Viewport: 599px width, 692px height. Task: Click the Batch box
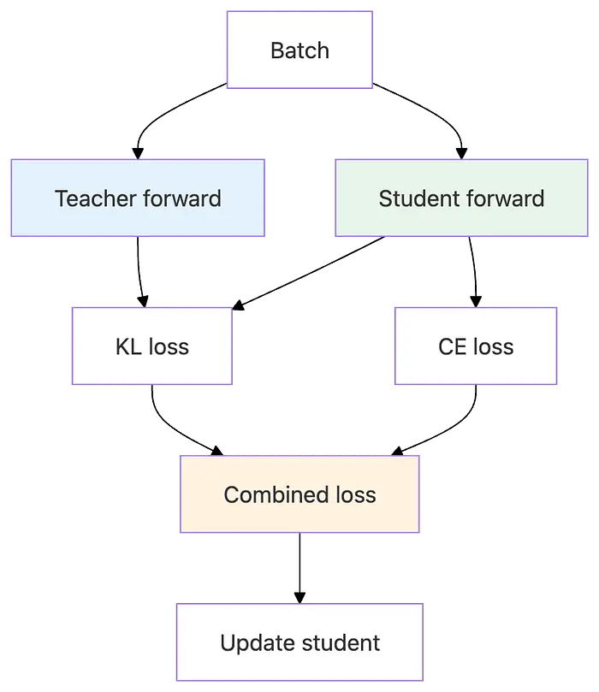(299, 50)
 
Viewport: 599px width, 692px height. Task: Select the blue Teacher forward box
(138, 198)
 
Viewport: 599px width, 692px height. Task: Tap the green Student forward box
(461, 198)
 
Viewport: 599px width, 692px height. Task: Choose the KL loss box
(151, 346)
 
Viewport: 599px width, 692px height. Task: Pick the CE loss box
(476, 346)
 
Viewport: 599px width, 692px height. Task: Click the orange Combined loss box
(299, 494)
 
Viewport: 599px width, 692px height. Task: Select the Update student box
(299, 642)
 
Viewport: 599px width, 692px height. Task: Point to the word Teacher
(90, 198)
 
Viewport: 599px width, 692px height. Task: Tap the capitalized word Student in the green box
(414, 198)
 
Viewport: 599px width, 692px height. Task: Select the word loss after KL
(169, 346)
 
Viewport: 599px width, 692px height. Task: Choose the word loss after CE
(494, 346)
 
